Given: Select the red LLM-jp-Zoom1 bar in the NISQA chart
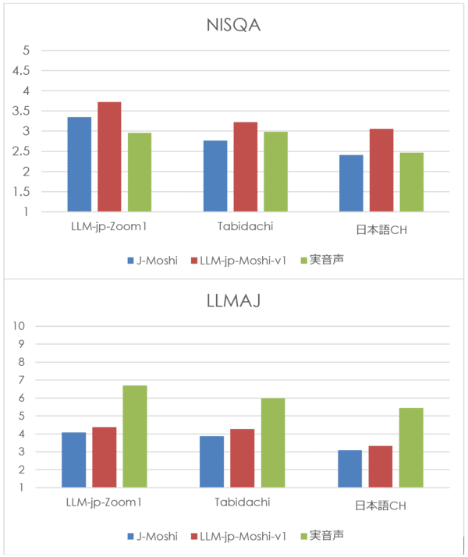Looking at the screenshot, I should [x=110, y=157].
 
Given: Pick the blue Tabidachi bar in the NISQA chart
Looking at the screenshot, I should [x=215, y=176].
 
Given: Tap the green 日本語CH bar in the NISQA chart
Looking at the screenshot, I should [x=412, y=182].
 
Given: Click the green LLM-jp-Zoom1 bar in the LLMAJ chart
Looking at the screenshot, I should [x=135, y=437].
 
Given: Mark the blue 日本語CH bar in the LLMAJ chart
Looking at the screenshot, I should [x=350, y=469].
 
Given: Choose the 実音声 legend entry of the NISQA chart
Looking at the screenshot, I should [x=326, y=261].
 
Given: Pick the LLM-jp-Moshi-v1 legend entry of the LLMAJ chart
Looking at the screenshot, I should [x=242, y=536].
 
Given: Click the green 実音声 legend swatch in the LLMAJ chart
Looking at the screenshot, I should [x=301, y=536].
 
